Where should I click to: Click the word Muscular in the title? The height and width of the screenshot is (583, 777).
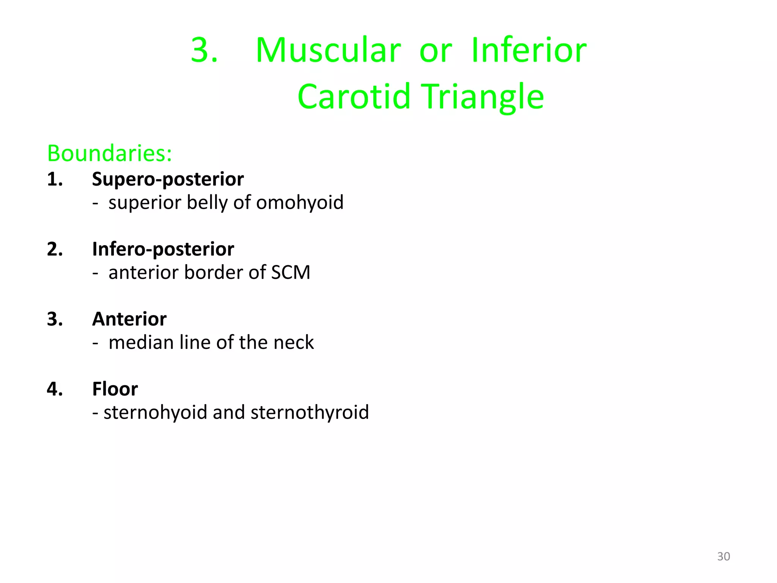pyautogui.click(x=328, y=50)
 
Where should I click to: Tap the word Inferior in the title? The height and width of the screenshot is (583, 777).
pyautogui.click(x=529, y=50)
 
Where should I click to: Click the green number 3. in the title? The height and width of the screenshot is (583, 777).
pyautogui.click(x=204, y=50)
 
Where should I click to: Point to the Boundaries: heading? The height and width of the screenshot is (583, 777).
pyautogui.click(x=110, y=153)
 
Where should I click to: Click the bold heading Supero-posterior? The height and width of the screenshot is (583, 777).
pyautogui.click(x=168, y=179)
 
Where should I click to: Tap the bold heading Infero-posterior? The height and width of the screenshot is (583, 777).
pyautogui.click(x=163, y=249)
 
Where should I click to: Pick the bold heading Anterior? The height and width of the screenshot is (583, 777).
pyautogui.click(x=129, y=319)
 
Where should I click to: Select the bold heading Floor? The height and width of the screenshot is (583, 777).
pyautogui.click(x=115, y=389)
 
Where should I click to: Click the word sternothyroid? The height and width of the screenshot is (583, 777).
pyautogui.click(x=310, y=413)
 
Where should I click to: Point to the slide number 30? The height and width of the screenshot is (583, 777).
pyautogui.click(x=723, y=556)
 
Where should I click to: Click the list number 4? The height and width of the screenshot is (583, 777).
pyautogui.click(x=55, y=389)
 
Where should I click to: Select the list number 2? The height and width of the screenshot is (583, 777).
pyautogui.click(x=55, y=249)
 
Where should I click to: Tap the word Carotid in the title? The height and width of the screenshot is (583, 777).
pyautogui.click(x=354, y=97)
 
